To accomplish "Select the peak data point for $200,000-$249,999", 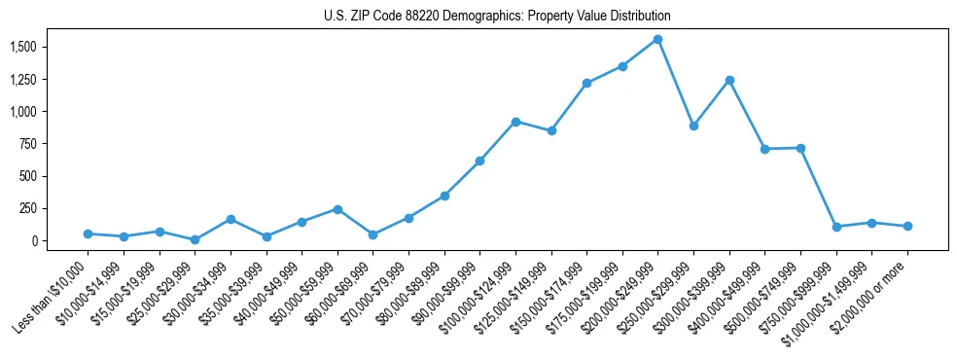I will point(657,40).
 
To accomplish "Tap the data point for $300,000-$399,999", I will point(728,80).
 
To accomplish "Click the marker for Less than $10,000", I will point(89,234).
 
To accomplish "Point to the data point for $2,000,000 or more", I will point(906,226).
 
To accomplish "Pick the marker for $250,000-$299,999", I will point(693,126).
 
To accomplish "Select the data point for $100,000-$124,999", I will point(515,122).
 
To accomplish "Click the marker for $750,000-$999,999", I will point(835,227).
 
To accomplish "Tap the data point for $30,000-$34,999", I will point(230,219).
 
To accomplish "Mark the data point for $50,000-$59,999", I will point(337,209).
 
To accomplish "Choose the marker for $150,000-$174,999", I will point(586,84).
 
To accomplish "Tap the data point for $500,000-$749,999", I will point(800,148).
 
